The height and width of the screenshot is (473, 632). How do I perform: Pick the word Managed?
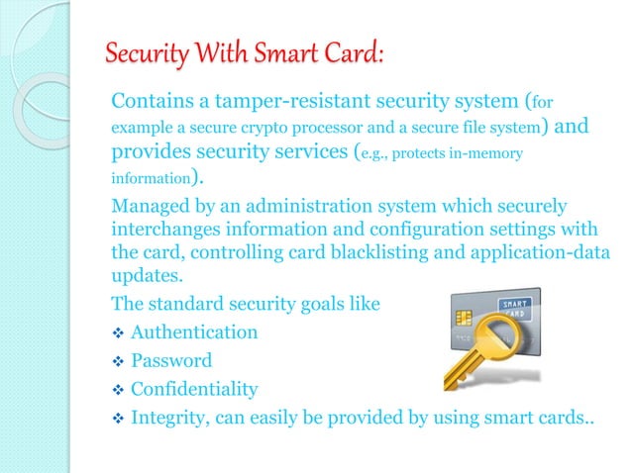click(148, 207)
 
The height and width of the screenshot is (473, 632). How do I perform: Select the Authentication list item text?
click(194, 332)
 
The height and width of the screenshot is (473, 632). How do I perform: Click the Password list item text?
click(171, 360)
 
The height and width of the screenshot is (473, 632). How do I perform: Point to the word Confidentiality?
click(194, 389)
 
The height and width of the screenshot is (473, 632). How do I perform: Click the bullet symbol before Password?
click(117, 361)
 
